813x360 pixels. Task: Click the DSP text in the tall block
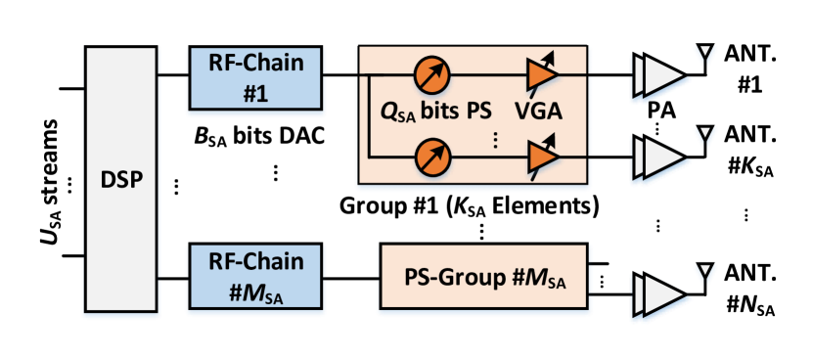click(x=120, y=181)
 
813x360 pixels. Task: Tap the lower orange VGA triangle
click(x=540, y=156)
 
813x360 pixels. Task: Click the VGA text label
click(x=538, y=112)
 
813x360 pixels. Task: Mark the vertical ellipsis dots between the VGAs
click(x=495, y=140)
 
